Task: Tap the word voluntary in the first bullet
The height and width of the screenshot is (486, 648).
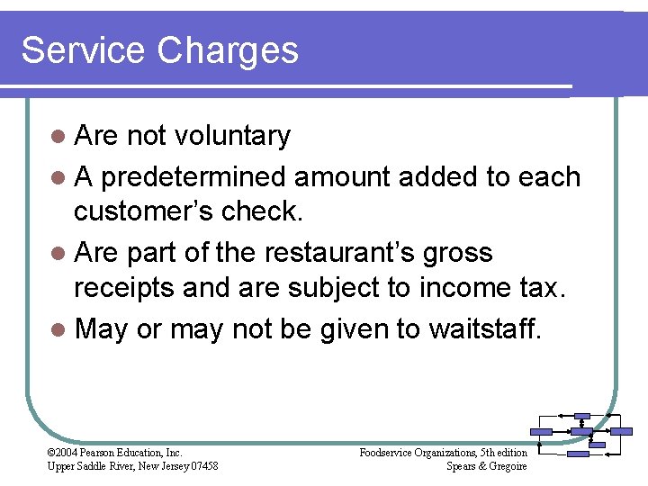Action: click(x=232, y=136)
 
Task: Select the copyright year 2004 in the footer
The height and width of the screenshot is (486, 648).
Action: click(x=66, y=453)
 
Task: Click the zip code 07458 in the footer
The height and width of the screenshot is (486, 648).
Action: click(x=202, y=465)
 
